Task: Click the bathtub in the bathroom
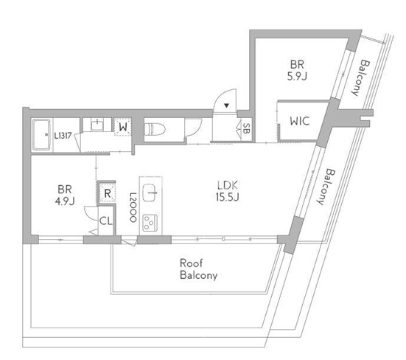(x=42, y=135)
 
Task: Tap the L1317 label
(x=63, y=136)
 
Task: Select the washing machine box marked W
(x=123, y=127)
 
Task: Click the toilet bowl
(x=155, y=129)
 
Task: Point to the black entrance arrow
(x=227, y=105)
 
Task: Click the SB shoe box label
(x=246, y=128)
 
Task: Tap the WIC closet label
(x=300, y=121)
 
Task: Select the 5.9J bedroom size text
(x=297, y=77)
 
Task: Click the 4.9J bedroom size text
(x=65, y=201)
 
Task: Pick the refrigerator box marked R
(x=107, y=193)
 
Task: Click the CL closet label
(x=106, y=221)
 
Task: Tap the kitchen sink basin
(x=150, y=193)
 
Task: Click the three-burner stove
(x=150, y=223)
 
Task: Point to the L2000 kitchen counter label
(x=133, y=207)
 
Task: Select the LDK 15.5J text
(x=228, y=192)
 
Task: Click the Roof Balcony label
(x=199, y=269)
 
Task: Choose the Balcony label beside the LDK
(x=325, y=187)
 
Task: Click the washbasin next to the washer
(x=97, y=125)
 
